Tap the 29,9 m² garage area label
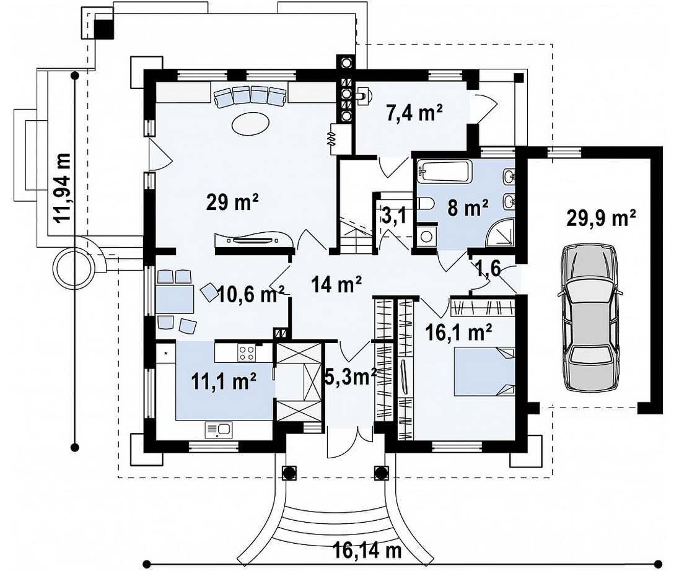tap(601, 218)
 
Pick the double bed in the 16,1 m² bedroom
tap(484, 372)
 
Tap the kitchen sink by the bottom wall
tap(219, 430)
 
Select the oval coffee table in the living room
tap(251, 124)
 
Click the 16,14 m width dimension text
tap(367, 551)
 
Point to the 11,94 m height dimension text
tap(62, 187)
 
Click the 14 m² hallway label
tap(337, 284)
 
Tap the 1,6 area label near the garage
tap(488, 268)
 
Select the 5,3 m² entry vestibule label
tap(351, 377)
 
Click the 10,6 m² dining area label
tap(251, 294)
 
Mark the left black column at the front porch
tap(289, 473)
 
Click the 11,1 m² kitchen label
tap(224, 381)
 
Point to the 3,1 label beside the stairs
tap(395, 215)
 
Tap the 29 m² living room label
tap(232, 202)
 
